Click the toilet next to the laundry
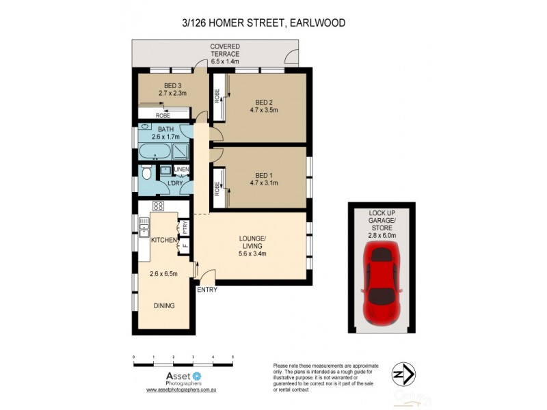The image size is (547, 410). pyautogui.click(x=146, y=175)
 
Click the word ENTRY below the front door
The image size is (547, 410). pyautogui.click(x=206, y=290)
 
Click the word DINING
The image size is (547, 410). pyautogui.click(x=163, y=305)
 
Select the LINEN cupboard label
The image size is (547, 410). pyautogui.click(x=181, y=169)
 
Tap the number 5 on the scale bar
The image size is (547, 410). pyautogui.click(x=232, y=357)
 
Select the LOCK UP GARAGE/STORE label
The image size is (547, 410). pyautogui.click(x=382, y=219)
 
